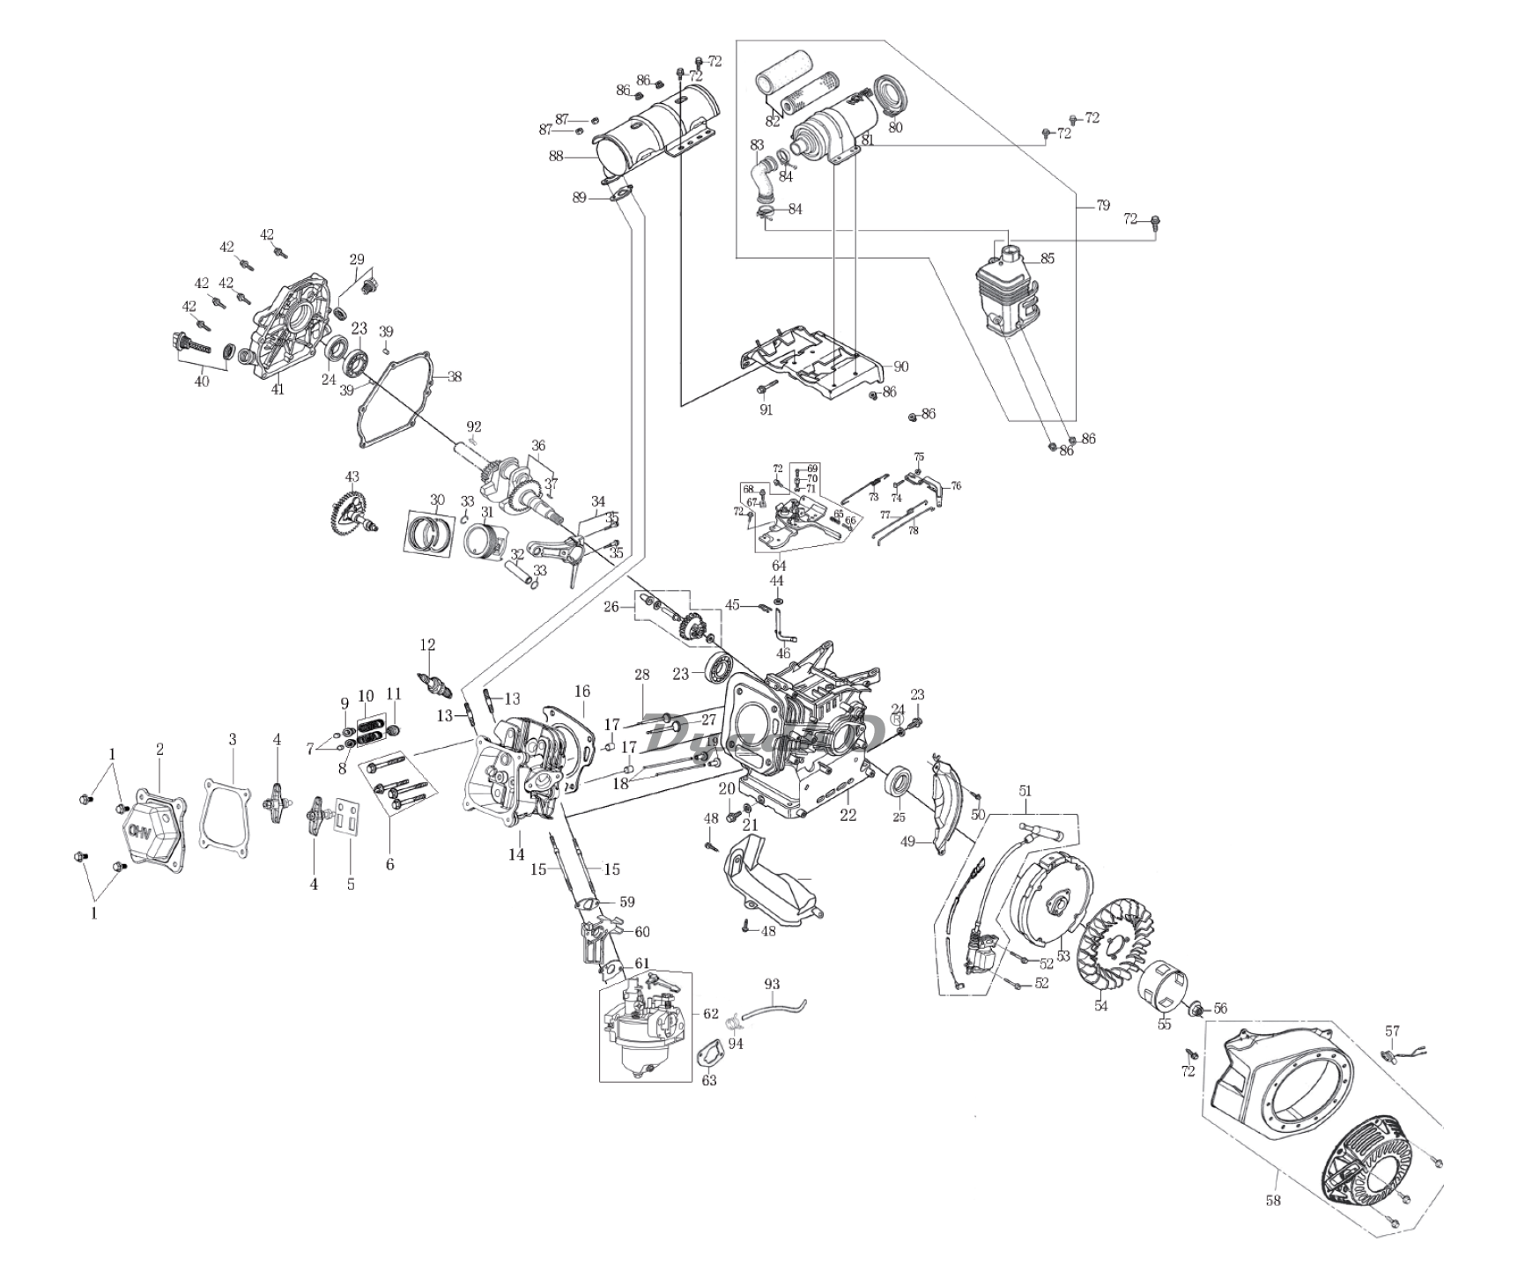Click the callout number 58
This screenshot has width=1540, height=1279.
coord(1272,1200)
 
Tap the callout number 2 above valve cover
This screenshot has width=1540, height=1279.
coord(159,749)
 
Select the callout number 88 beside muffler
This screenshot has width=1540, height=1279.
coord(555,156)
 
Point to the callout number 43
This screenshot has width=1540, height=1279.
coord(352,477)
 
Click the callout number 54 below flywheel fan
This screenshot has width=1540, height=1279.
coord(1100,1006)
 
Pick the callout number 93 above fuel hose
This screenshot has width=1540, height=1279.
coord(772,983)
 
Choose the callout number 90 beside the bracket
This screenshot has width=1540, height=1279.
coord(900,366)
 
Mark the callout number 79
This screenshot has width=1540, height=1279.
coord(1103,205)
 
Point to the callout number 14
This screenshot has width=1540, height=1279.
coord(516,854)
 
